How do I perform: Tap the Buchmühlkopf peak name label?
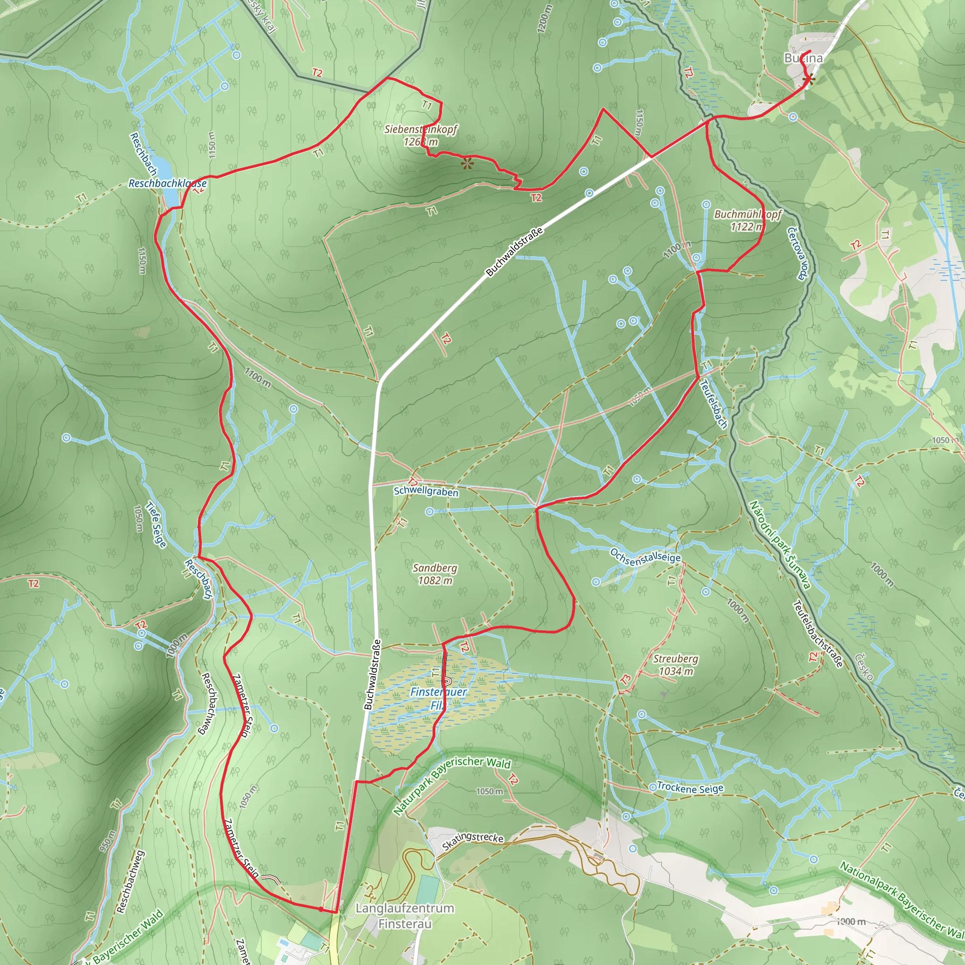click(x=748, y=214)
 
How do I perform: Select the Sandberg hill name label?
click(x=434, y=568)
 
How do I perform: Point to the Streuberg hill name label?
click(x=675, y=659)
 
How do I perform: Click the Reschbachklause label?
click(x=167, y=183)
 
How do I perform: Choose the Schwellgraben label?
click(x=426, y=491)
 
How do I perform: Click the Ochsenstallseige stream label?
click(x=645, y=556)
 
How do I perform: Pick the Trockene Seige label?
click(x=690, y=788)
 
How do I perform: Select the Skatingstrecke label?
click(x=473, y=842)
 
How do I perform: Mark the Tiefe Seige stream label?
click(x=155, y=524)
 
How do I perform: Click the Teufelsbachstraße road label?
click(x=818, y=634)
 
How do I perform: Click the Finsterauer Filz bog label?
click(x=438, y=698)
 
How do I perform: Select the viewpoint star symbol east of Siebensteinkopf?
click(x=467, y=163)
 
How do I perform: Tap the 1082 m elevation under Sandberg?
click(x=435, y=581)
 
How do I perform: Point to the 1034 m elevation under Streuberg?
click(x=676, y=671)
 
